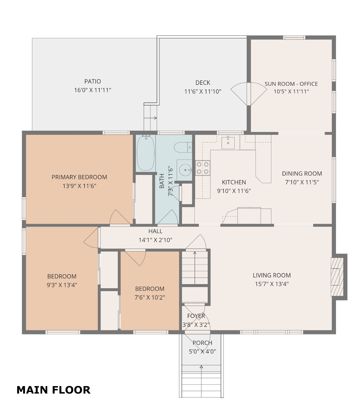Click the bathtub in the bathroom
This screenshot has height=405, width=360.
pos(146,153)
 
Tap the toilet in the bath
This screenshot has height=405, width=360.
pos(183,147)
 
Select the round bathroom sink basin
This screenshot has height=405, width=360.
pos(185,170)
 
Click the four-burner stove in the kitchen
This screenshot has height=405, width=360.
pos(203,168)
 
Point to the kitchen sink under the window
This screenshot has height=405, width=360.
pos(228,143)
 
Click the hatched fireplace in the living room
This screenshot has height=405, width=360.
pos(337,277)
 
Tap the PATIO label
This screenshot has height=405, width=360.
pos(92,81)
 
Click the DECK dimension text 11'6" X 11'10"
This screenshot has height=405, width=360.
pos(203,91)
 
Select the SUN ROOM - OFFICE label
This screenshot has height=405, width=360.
pos(291,84)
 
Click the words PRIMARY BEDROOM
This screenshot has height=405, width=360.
pos(79,177)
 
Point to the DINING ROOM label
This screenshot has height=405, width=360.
pos(302,173)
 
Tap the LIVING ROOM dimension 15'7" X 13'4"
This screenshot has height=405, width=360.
pos(272,284)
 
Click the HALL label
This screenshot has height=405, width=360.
pos(155,231)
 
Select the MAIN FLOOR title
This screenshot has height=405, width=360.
pos(54,390)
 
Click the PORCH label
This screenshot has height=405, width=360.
pos(202,343)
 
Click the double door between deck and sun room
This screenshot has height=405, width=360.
pos(249,94)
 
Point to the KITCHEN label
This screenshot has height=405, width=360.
pos(234,182)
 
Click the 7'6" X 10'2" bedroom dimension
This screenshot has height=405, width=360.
pos(150,297)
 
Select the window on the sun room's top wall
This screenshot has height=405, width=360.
pos(294,37)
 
